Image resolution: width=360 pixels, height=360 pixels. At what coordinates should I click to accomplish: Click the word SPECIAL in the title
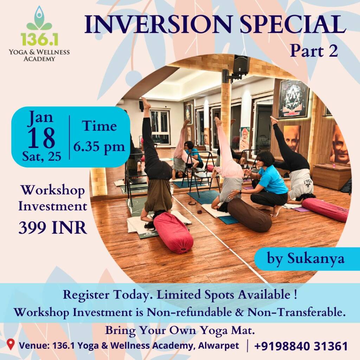(x=293, y=24)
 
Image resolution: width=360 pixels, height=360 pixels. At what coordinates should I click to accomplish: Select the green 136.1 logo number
(x=39, y=39)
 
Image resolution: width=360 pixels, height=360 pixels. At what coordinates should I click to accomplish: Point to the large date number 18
(x=41, y=137)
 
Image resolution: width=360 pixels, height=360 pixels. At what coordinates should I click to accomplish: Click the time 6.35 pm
(x=99, y=147)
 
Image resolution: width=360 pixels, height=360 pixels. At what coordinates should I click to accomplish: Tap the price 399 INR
(x=53, y=227)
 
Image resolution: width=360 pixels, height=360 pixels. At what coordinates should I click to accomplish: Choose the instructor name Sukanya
(x=316, y=258)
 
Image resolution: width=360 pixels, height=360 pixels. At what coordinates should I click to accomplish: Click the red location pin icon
(x=11, y=345)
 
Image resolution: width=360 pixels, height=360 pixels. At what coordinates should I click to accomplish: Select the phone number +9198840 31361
(x=301, y=346)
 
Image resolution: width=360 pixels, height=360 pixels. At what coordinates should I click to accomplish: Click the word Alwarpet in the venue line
(x=219, y=345)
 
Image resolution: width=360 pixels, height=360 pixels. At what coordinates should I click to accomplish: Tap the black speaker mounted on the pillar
(x=241, y=65)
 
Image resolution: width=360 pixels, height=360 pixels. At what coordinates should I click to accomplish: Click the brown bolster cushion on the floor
(x=250, y=215)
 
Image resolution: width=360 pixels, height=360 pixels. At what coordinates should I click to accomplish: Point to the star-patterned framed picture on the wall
(x=294, y=99)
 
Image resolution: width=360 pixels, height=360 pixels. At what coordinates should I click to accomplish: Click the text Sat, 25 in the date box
(x=42, y=157)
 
